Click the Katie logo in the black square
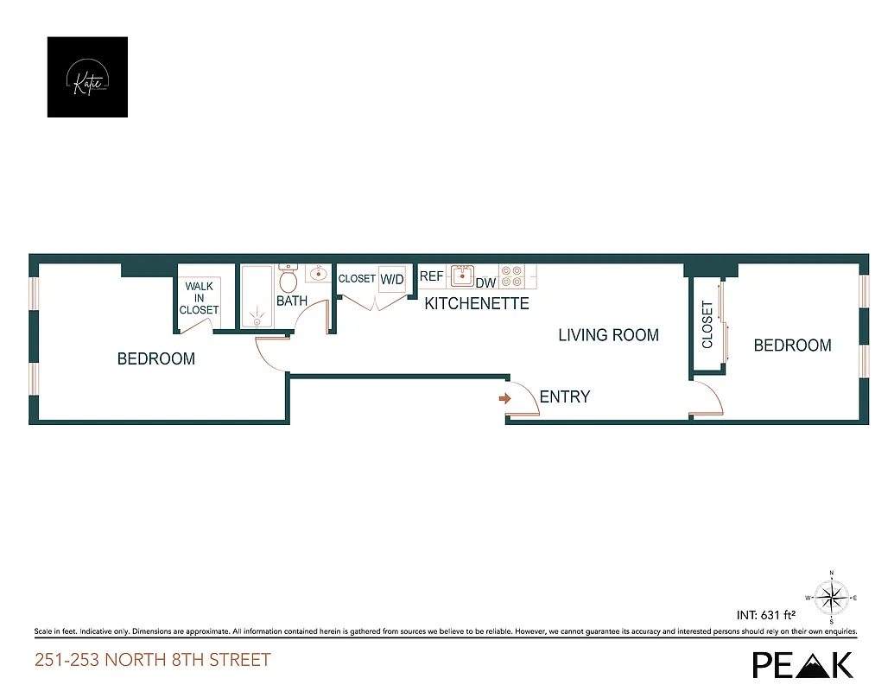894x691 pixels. [x=87, y=77]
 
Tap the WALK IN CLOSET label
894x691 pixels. [x=199, y=299]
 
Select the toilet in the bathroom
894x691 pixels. [x=288, y=280]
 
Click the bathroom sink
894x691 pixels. [x=317, y=275]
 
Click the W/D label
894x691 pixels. [x=392, y=279]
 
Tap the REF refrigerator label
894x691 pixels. [x=431, y=276]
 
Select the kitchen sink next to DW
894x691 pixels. [x=462, y=276]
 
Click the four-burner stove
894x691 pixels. [x=511, y=276]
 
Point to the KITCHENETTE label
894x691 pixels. [x=476, y=304]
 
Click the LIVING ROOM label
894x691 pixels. [x=608, y=335]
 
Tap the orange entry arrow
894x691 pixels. [x=505, y=398]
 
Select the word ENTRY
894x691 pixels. [x=564, y=397]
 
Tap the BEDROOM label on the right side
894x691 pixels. [x=792, y=345]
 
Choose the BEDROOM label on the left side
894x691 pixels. [x=156, y=358]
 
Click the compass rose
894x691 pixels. [x=831, y=597]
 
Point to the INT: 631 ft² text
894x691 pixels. [x=765, y=615]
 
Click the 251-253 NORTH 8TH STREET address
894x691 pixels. [x=153, y=661]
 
